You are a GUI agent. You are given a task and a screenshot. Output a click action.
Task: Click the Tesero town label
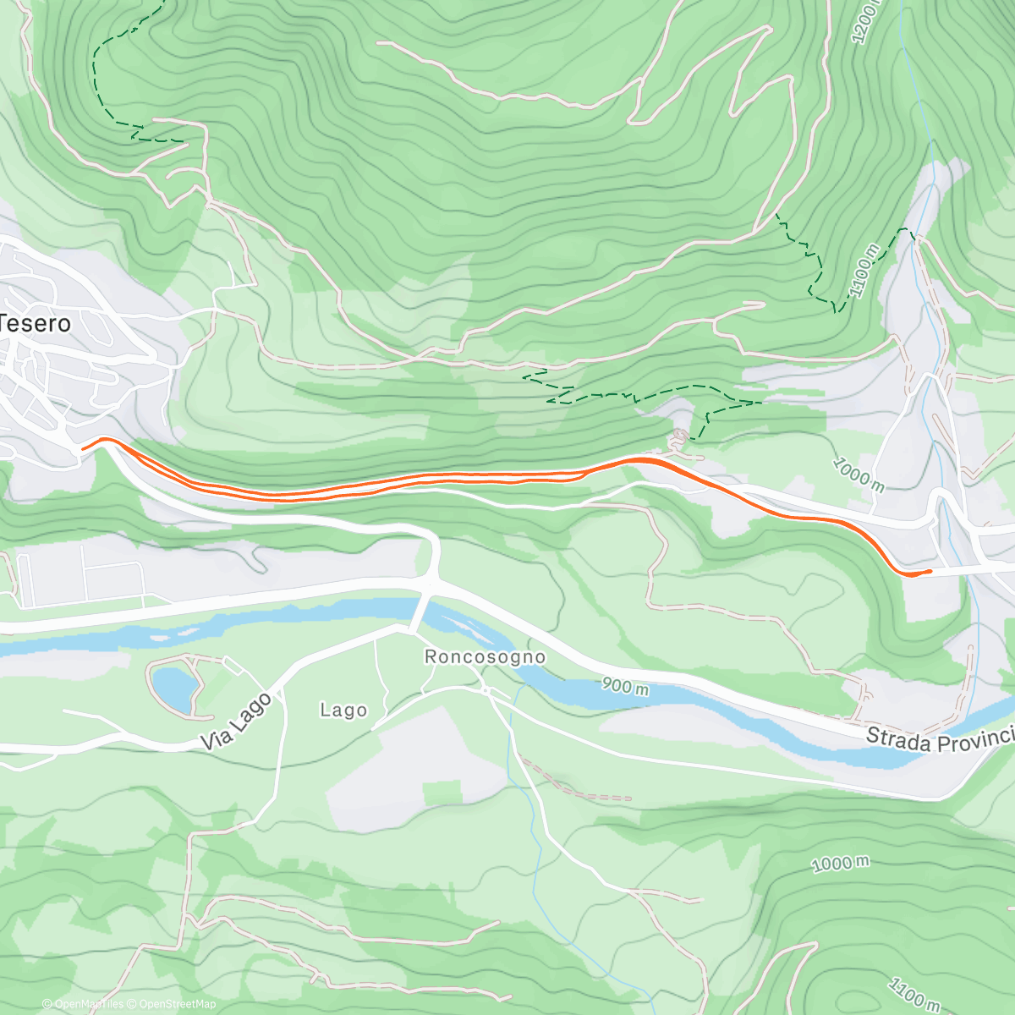[36, 323]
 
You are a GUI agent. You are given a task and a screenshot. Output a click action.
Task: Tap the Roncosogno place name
[485, 656]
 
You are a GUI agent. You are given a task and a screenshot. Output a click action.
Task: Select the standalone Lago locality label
[343, 710]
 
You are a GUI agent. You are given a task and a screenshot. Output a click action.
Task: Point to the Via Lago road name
[237, 721]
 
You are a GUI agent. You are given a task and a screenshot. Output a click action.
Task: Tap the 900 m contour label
[626, 686]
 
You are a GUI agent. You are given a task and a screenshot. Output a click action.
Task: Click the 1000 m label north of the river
[859, 475]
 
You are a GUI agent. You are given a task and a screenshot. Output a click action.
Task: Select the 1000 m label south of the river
[840, 864]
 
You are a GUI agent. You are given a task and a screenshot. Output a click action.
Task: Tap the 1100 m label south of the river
[913, 995]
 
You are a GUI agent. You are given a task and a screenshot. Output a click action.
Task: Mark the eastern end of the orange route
[930, 572]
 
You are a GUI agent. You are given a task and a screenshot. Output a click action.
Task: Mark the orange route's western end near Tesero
[84, 446]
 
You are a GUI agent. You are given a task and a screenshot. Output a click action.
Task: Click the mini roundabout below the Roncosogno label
[486, 691]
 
